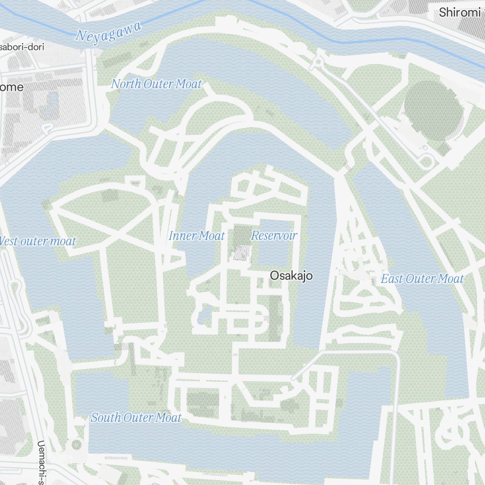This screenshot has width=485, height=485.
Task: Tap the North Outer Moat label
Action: click(156, 84)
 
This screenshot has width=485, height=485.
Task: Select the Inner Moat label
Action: click(196, 236)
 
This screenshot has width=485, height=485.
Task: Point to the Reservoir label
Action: click(274, 236)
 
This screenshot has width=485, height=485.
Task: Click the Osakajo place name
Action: click(291, 276)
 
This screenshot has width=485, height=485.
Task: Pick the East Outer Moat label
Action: click(422, 279)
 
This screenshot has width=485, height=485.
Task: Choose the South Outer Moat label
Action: click(136, 418)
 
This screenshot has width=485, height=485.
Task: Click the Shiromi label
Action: click(459, 13)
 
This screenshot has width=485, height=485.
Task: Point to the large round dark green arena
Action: click(433, 111)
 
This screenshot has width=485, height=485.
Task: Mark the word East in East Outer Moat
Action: click(391, 279)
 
